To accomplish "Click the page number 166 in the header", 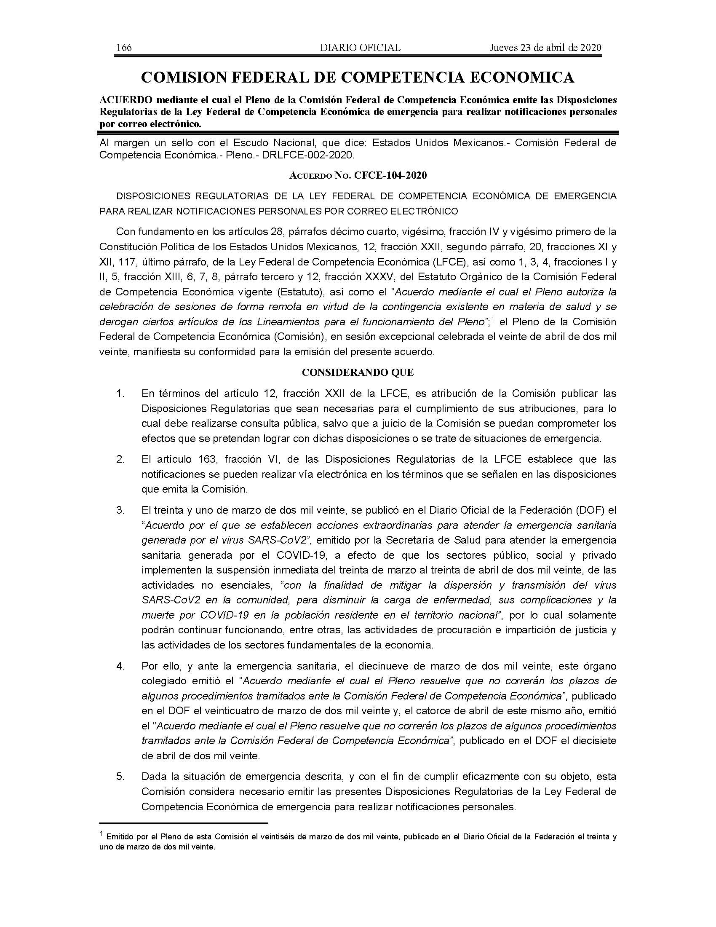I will [x=124, y=48].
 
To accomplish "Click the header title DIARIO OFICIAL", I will [x=360, y=48].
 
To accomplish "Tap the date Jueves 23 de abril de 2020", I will [x=545, y=48].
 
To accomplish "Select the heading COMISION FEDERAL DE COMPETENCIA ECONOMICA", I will [x=358, y=77].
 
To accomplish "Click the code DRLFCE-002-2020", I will [x=307, y=155].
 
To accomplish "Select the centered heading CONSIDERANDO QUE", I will [x=358, y=372].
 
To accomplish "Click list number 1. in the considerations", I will [x=120, y=394].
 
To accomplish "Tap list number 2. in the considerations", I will [x=120, y=459].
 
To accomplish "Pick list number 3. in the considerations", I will [x=120, y=510].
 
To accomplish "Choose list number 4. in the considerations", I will [x=120, y=666].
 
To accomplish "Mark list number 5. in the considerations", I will [x=120, y=777].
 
